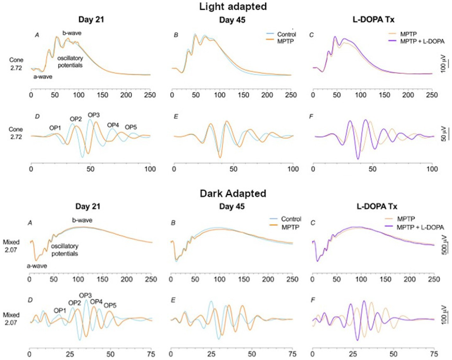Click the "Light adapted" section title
coord(233,6)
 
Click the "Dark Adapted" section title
coord(233,193)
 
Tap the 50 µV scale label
coord(444,134)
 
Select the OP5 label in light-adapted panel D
coord(131,127)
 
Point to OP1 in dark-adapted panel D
coord(60,311)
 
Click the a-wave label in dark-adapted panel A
coord(37,266)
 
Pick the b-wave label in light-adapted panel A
coord(72,33)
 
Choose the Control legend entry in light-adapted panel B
coord(286,34)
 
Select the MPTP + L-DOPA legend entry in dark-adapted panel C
coord(420,227)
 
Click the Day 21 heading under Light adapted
coord(91,20)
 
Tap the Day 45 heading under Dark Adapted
coord(232,206)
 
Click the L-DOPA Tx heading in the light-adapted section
coord(374,20)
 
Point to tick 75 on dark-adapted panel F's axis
coord(434,354)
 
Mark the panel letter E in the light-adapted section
coord(176,117)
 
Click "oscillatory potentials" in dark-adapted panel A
coord(65,250)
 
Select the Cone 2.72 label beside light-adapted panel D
coord(16,133)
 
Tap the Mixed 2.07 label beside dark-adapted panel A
coord(11,246)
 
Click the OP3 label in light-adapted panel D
coord(94,115)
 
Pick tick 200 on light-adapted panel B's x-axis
coord(267,95)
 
